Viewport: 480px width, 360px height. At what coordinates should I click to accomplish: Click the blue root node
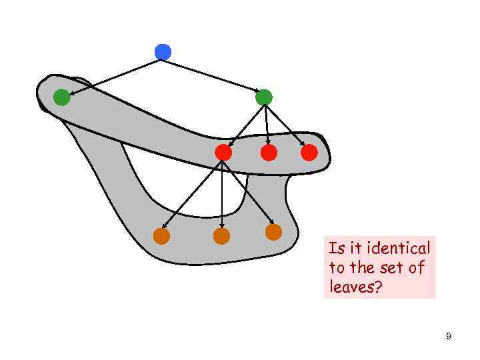(163, 51)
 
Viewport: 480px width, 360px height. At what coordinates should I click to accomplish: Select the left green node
(61, 98)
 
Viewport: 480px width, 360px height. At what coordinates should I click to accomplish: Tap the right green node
(263, 97)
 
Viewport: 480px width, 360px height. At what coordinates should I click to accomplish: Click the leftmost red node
(223, 153)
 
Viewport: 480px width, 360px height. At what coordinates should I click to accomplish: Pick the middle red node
(269, 153)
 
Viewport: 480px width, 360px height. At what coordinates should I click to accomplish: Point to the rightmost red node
(309, 153)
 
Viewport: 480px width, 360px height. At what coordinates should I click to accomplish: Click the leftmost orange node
(161, 236)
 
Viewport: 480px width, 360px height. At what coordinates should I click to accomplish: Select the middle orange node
(221, 236)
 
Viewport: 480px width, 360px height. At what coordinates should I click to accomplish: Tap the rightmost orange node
(273, 232)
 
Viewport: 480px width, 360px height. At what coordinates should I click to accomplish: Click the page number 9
(449, 337)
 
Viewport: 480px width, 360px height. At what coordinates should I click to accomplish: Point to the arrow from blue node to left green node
(113, 75)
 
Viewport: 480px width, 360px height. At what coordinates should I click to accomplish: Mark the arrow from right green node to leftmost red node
(244, 125)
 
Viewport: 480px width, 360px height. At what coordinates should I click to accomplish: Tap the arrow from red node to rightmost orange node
(248, 193)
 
